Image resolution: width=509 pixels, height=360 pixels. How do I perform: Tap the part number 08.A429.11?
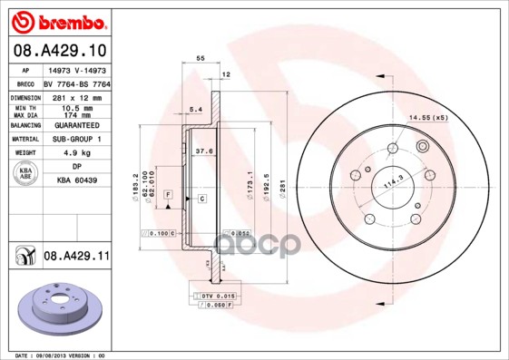click(76, 258)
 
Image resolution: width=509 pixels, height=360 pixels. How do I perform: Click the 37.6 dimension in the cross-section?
click(203, 151)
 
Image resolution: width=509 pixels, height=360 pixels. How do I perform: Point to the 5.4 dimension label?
click(193, 111)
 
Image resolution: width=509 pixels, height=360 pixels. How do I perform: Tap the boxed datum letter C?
click(201, 198)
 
